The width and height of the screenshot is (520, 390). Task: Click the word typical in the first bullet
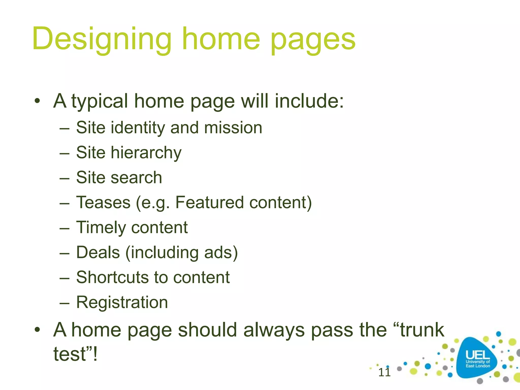click(x=99, y=101)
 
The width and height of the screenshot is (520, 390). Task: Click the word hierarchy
click(x=146, y=153)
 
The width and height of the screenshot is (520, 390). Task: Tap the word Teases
click(x=103, y=202)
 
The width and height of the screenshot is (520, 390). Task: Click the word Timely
click(x=101, y=227)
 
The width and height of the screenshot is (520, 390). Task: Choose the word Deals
click(x=98, y=252)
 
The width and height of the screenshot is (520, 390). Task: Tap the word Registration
click(x=122, y=302)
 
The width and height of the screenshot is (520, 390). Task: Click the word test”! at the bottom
click(x=75, y=354)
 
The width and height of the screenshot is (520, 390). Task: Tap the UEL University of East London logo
click(x=477, y=359)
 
